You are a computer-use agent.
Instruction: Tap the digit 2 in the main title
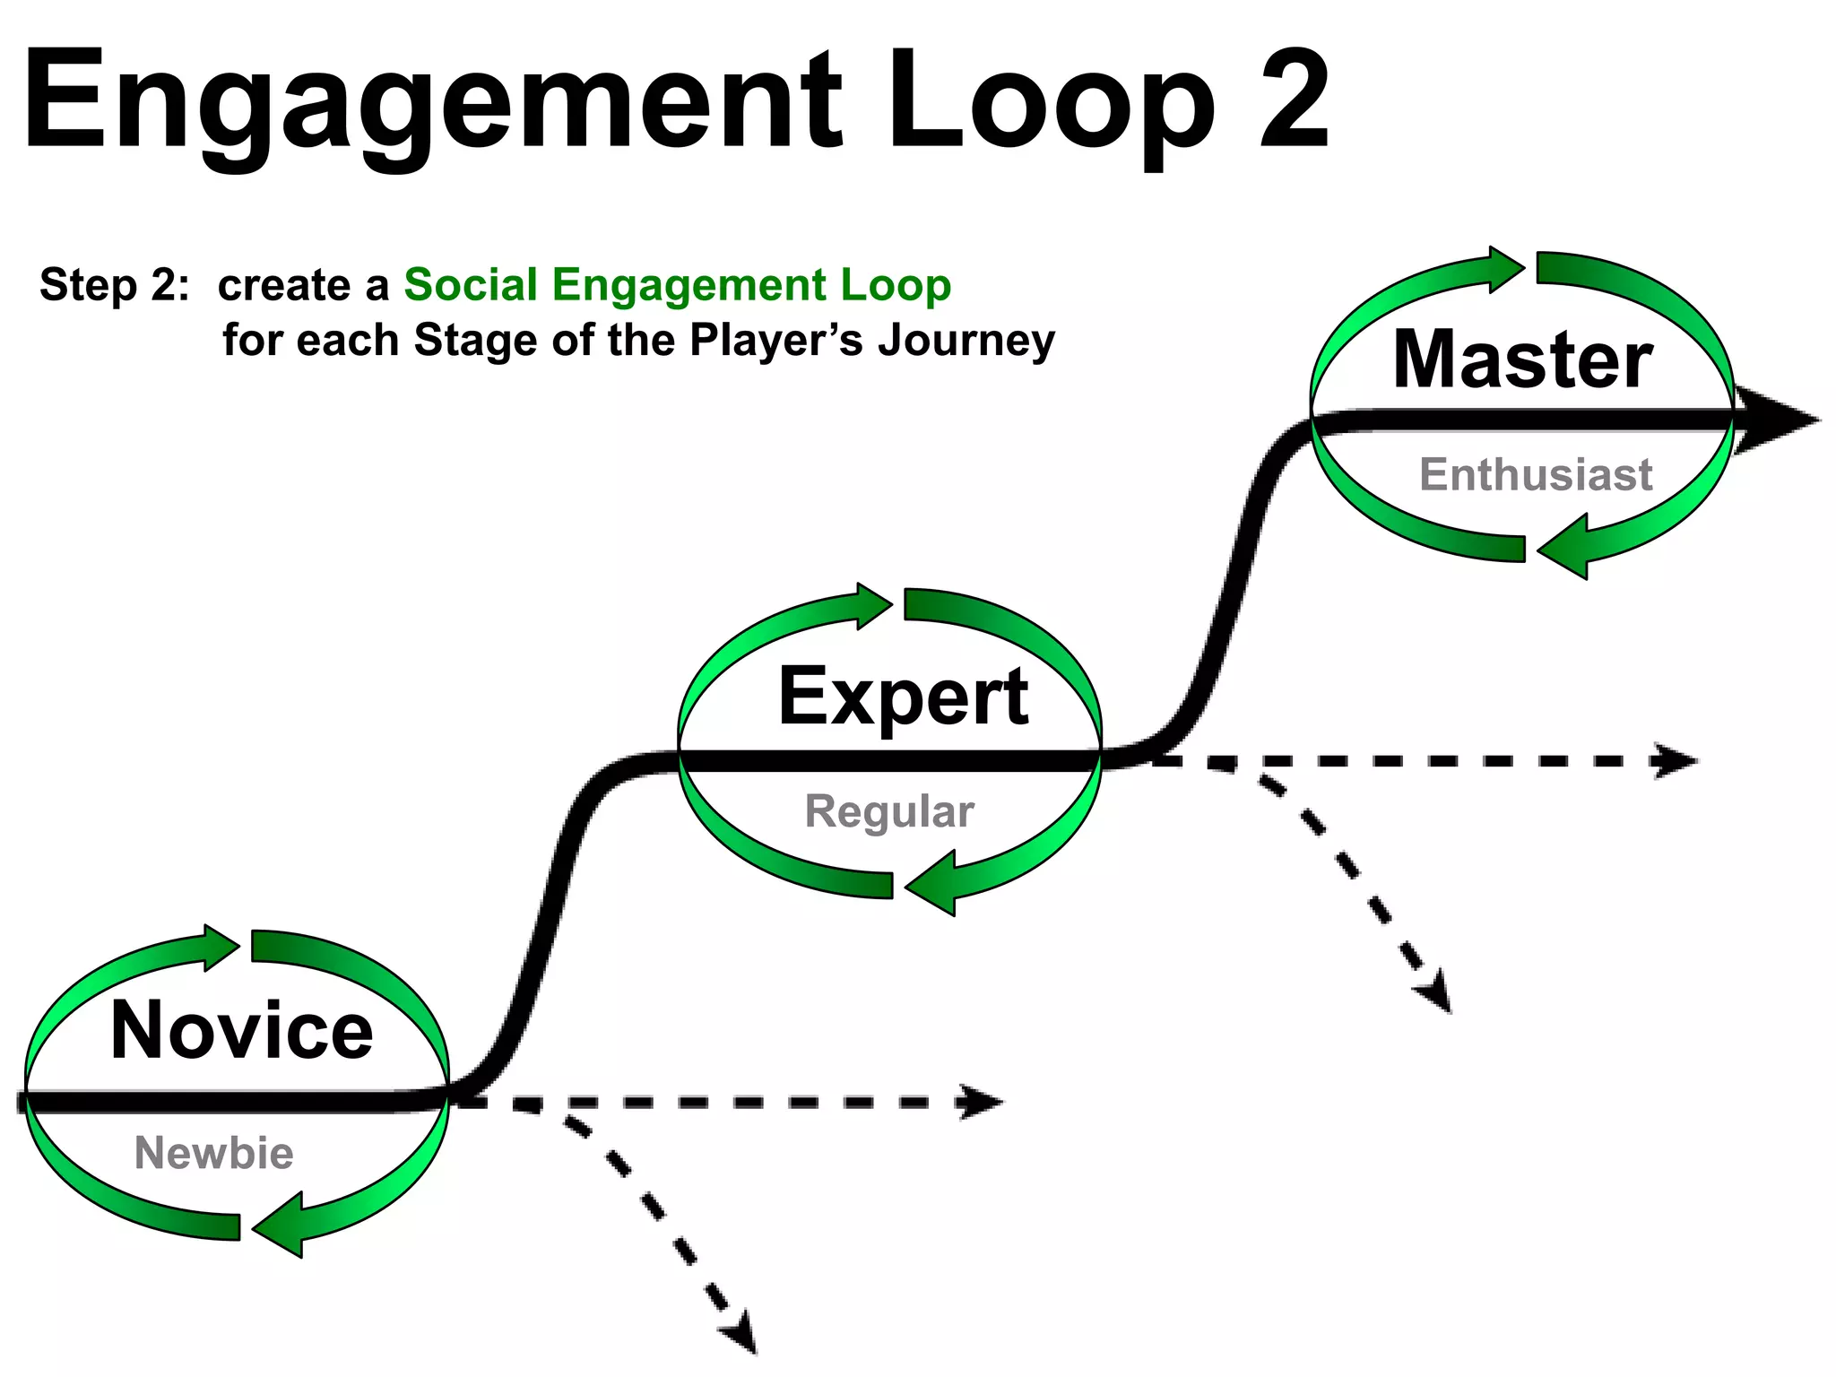(1294, 99)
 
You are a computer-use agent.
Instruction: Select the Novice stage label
(241, 1031)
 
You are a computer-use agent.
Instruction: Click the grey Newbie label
(213, 1153)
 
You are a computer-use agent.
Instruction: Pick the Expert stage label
(903, 697)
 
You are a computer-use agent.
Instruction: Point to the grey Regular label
(888, 811)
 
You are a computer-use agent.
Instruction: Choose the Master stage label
(1522, 359)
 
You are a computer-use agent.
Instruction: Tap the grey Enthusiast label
(1535, 474)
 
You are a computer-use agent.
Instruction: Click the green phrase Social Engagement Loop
(677, 285)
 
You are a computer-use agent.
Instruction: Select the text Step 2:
(115, 285)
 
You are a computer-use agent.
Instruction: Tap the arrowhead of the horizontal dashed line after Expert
(1676, 761)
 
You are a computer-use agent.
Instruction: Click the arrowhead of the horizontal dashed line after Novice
(982, 1102)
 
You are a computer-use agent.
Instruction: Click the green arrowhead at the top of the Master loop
(1506, 268)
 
